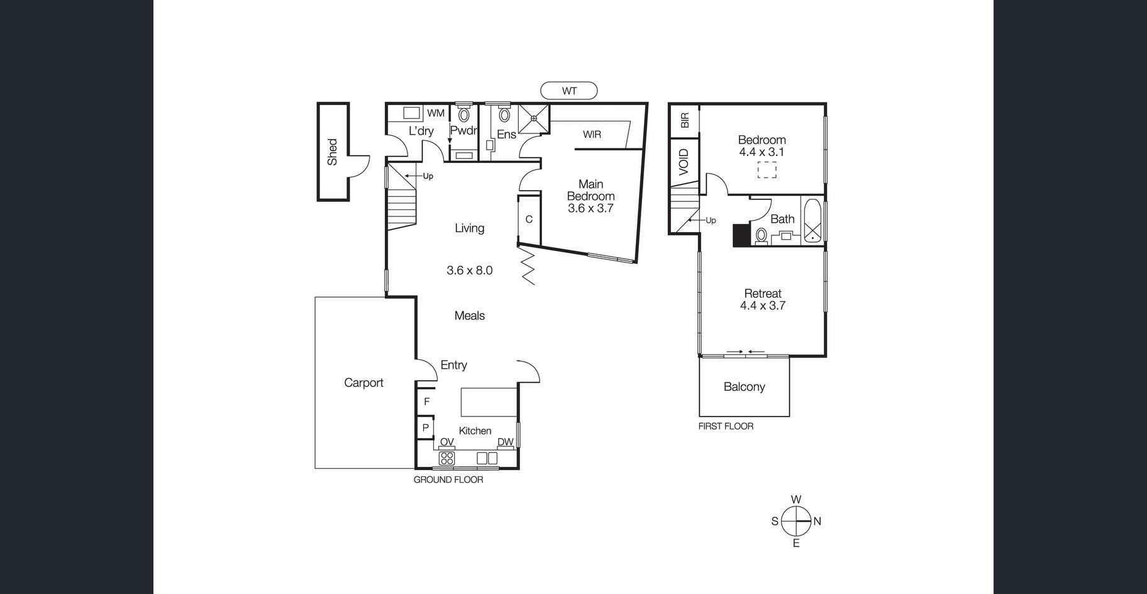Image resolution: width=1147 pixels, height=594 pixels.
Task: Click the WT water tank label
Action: click(x=569, y=91)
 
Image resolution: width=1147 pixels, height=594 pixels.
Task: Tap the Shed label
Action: click(x=333, y=152)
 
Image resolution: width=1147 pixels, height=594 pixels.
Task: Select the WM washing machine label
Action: click(x=436, y=113)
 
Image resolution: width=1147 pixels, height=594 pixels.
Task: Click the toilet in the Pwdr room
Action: click(x=464, y=114)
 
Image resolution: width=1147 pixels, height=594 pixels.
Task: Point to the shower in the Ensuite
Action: click(x=534, y=119)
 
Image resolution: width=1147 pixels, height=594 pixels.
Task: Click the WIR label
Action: click(x=592, y=134)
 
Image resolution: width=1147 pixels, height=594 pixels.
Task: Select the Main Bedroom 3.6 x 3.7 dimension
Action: click(x=590, y=208)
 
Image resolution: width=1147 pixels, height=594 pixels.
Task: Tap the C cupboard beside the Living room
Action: click(x=529, y=219)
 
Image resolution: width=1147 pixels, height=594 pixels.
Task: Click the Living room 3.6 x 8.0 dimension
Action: click(x=470, y=271)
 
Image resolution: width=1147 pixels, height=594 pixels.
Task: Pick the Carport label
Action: click(x=363, y=383)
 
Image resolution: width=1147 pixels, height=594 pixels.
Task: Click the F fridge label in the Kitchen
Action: click(x=426, y=401)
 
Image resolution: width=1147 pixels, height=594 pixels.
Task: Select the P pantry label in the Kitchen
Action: click(x=426, y=428)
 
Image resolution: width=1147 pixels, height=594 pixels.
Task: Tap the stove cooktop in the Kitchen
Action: click(x=447, y=458)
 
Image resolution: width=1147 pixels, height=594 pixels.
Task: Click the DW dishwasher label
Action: click(x=506, y=442)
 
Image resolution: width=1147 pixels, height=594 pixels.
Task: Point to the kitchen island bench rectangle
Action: click(x=489, y=402)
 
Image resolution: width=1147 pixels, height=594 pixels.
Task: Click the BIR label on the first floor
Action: click(x=685, y=120)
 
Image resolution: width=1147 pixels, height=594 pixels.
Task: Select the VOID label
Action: click(x=684, y=162)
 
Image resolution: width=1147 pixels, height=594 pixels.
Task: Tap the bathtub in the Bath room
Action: click(x=812, y=220)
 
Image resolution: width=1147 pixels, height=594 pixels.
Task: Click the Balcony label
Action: click(x=744, y=387)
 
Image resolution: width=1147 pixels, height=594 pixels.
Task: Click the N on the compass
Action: click(x=817, y=521)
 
